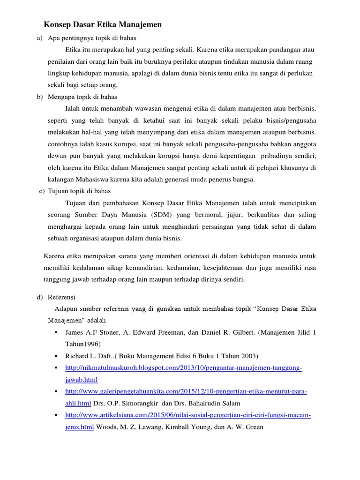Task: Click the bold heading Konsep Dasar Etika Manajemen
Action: pyautogui.click(x=103, y=25)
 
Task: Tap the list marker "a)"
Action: pyautogui.click(x=39, y=38)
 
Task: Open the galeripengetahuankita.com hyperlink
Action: pyautogui.click(x=186, y=391)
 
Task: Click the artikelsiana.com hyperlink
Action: pyautogui.click(x=188, y=415)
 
